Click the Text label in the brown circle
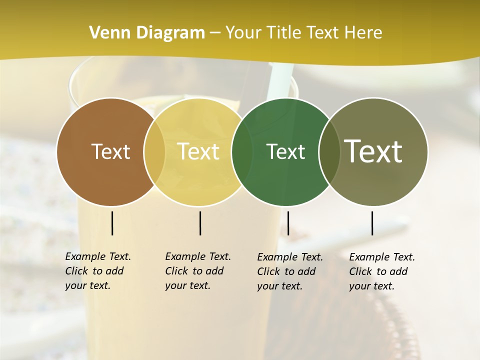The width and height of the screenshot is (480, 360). point(110,151)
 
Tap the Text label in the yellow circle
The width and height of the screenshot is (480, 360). point(198,151)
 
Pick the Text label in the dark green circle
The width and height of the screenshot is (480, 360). point(285,151)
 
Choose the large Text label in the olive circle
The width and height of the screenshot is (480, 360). point(373,151)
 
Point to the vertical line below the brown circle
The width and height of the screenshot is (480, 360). point(112,223)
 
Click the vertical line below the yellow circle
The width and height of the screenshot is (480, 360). point(200,223)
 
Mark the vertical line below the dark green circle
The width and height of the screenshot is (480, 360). point(288,223)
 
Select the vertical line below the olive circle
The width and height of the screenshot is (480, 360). point(372,223)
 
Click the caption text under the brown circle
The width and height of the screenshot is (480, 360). point(97,271)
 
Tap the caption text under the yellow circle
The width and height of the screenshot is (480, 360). point(197,271)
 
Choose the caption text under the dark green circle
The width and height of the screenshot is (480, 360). point(289,271)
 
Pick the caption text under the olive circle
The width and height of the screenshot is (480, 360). point(381,271)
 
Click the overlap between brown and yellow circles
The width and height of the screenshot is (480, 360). point(154,151)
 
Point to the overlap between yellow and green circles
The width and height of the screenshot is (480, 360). point(242,151)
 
